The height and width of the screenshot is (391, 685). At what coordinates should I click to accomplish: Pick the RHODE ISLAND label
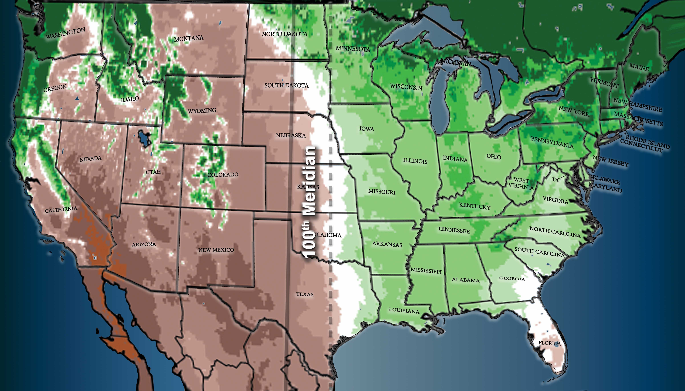pyautogui.click(x=647, y=141)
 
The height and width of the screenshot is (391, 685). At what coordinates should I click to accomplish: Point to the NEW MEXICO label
pyautogui.click(x=216, y=250)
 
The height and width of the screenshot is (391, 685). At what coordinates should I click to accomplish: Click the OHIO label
pyautogui.click(x=494, y=157)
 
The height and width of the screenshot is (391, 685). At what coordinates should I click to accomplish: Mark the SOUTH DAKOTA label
pyautogui.click(x=286, y=85)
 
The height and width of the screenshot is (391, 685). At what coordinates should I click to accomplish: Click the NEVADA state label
pyautogui.click(x=91, y=159)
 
